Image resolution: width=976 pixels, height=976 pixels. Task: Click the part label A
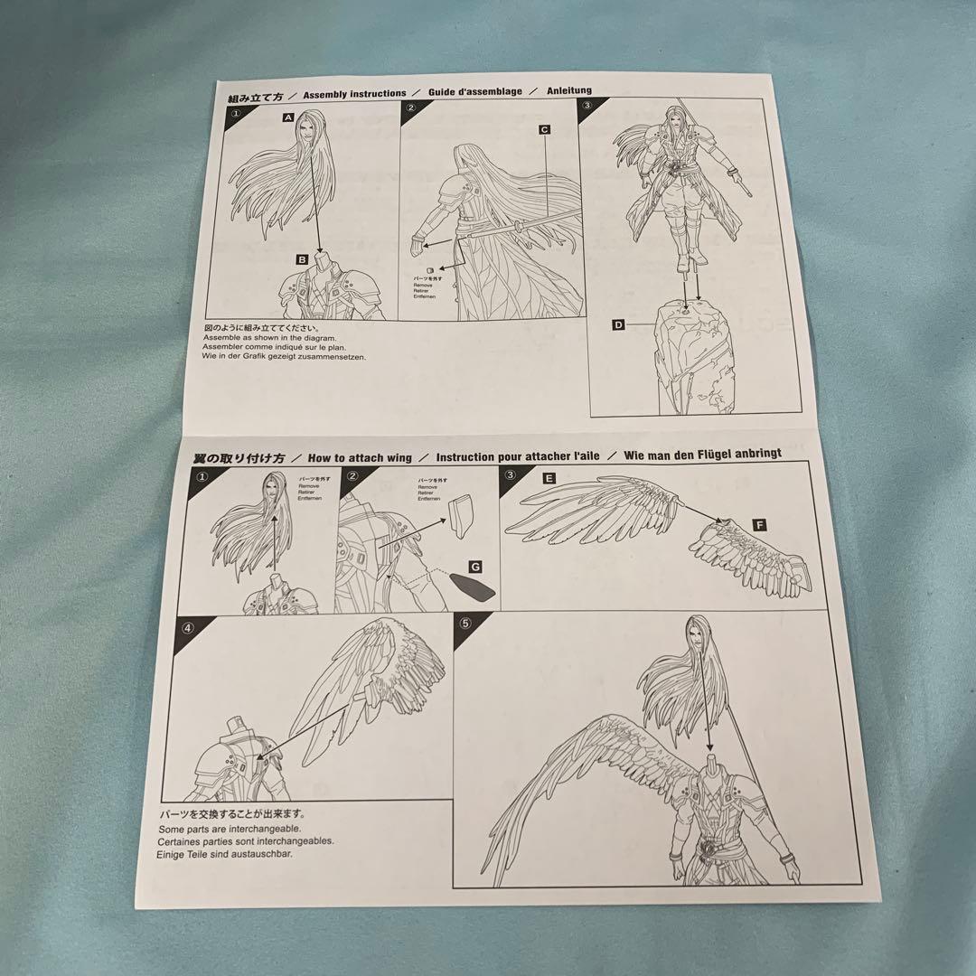(x=288, y=117)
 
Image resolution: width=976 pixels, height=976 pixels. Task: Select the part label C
(x=545, y=129)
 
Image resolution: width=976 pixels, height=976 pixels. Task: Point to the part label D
(x=618, y=324)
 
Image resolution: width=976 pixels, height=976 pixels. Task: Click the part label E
(x=549, y=478)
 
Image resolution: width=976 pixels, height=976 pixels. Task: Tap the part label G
(x=475, y=566)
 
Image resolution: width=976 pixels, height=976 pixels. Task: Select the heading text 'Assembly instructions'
(x=354, y=93)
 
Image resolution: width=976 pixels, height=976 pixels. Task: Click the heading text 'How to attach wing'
(x=360, y=458)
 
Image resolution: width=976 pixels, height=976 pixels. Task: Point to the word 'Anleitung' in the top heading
(x=568, y=91)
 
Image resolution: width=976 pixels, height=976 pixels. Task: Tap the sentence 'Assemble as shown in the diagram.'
(x=272, y=338)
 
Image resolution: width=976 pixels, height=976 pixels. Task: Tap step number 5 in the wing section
(x=465, y=624)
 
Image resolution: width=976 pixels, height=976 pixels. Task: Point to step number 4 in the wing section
(x=187, y=627)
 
